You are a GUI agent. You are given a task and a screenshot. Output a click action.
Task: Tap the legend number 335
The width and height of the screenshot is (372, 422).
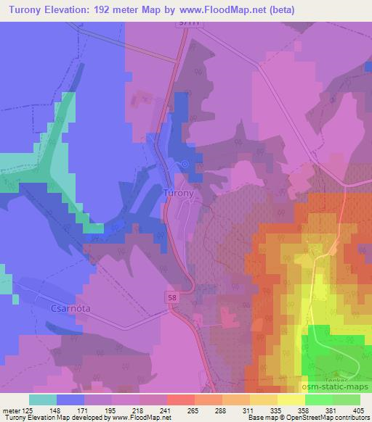point(249,410)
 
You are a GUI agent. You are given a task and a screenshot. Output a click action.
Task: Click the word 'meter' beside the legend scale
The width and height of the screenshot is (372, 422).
point(9,410)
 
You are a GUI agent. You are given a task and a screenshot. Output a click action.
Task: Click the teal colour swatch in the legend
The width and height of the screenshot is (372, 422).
point(42,400)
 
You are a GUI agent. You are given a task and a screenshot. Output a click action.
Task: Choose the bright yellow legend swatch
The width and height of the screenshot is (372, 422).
point(291,400)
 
